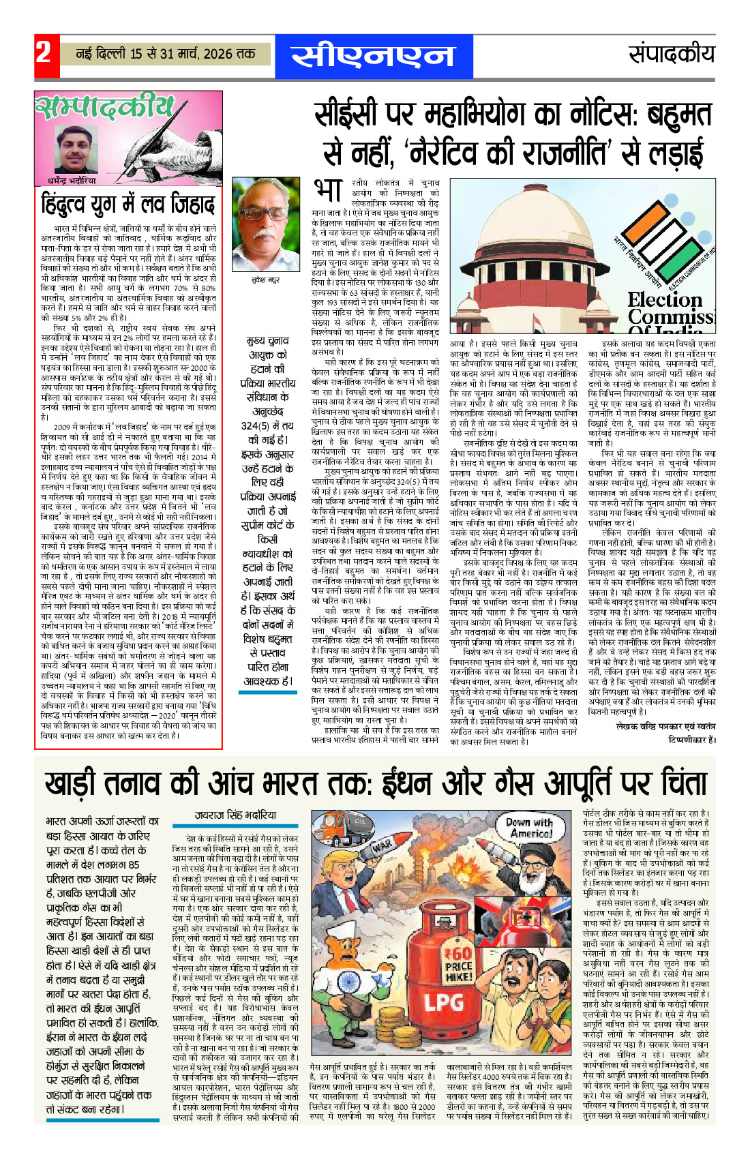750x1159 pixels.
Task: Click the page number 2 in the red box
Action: [44, 52]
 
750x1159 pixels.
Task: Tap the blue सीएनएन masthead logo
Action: [373, 56]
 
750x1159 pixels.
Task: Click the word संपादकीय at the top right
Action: [671, 55]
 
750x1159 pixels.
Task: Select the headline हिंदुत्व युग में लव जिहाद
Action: [128, 205]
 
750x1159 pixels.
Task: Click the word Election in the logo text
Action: [665, 300]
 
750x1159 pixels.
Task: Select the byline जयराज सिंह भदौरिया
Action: [235, 815]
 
